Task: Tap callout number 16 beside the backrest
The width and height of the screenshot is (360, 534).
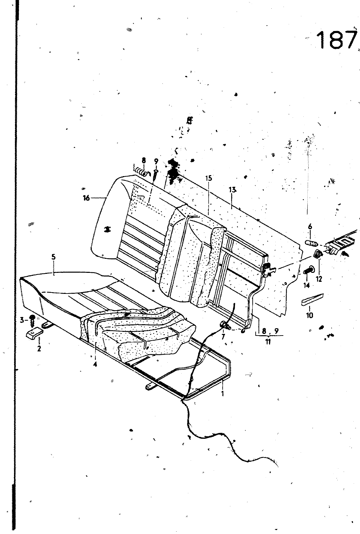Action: point(86,198)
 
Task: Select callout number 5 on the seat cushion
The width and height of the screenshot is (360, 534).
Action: point(53,257)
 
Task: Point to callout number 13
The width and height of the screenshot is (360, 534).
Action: point(232,190)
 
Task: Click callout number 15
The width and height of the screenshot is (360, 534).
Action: point(209,178)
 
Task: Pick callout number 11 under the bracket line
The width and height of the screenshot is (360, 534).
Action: point(268,342)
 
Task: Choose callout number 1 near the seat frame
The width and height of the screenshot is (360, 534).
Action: point(223,394)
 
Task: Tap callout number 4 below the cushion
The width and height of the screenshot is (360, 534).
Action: point(95,365)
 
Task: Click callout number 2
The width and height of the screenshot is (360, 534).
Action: point(39,349)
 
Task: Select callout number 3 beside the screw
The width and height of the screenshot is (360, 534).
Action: point(22,320)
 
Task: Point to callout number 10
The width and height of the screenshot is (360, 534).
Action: point(310,315)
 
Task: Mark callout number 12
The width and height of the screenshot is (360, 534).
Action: point(319,279)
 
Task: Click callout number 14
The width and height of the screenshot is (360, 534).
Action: point(306,285)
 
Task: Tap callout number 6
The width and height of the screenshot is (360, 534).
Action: point(310,227)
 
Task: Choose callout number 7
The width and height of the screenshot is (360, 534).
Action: point(223,337)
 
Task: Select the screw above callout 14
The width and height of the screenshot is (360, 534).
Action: point(310,269)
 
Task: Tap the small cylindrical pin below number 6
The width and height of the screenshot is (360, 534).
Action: point(311,242)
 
